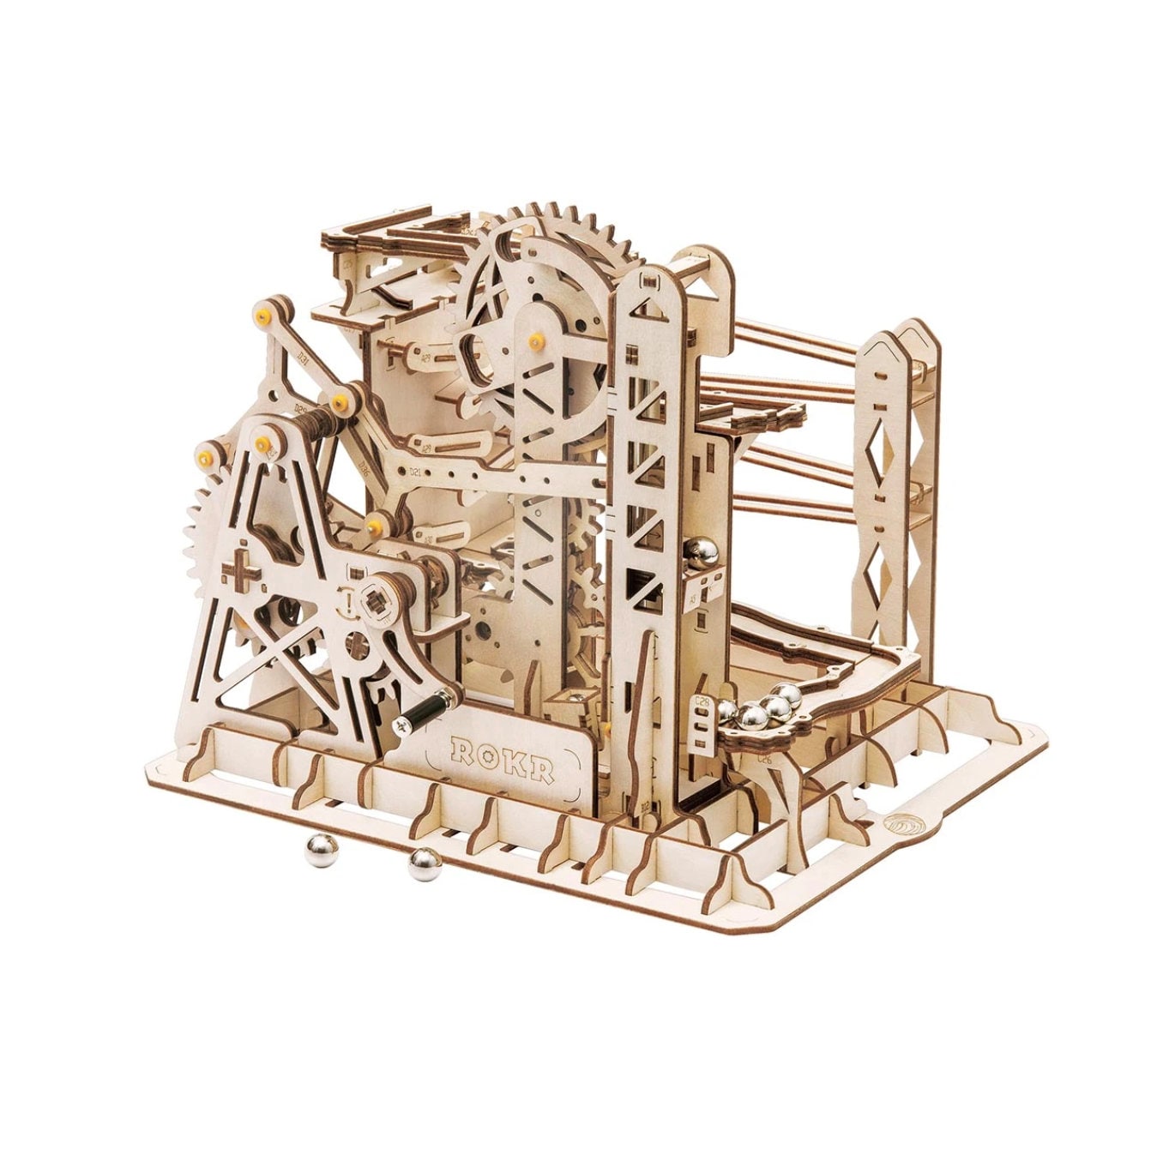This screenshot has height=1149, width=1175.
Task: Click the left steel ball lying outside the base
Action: pos(322,852)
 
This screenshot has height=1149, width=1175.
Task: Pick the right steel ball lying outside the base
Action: pos(423,865)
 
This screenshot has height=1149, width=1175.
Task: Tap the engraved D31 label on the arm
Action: pos(303,355)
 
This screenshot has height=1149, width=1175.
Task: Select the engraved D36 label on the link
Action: pos(364,467)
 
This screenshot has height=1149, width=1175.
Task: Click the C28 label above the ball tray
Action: pos(702,707)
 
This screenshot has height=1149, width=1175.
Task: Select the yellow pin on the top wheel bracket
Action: pos(539,340)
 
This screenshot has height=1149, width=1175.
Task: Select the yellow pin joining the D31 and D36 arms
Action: pos(340,400)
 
